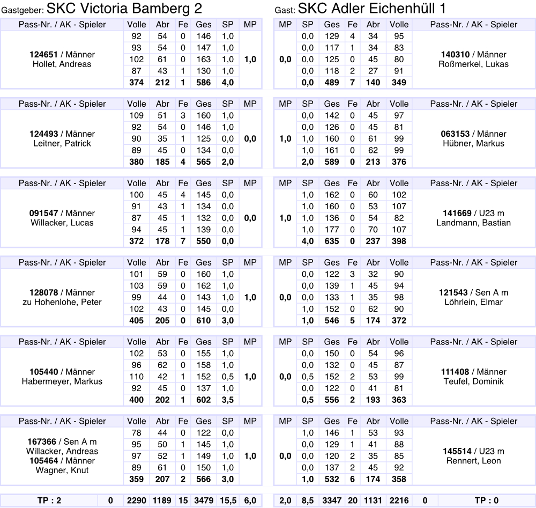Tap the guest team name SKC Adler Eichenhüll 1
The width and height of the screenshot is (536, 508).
tap(372, 9)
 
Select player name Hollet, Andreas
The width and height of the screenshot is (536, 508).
tap(62, 64)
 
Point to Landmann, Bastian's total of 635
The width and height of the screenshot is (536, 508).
tap(332, 241)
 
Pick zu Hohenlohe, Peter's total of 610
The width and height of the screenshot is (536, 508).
tap(203, 321)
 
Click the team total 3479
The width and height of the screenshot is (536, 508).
tap(203, 501)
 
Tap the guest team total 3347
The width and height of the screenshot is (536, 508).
tap(332, 501)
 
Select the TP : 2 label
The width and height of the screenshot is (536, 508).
tap(50, 501)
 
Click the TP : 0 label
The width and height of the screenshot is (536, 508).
tap(486, 501)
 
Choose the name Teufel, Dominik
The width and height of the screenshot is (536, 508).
tap(473, 381)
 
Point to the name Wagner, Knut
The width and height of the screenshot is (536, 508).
tap(62, 470)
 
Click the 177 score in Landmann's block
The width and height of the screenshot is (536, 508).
tap(332, 230)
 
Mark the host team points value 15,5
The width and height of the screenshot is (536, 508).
tap(228, 501)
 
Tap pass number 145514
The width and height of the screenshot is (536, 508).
tap(455, 451)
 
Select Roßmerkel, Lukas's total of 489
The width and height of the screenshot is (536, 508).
tap(332, 83)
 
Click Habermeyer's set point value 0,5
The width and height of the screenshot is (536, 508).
tap(228, 377)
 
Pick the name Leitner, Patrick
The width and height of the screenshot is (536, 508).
tap(62, 144)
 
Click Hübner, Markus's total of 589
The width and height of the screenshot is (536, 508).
tap(332, 162)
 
